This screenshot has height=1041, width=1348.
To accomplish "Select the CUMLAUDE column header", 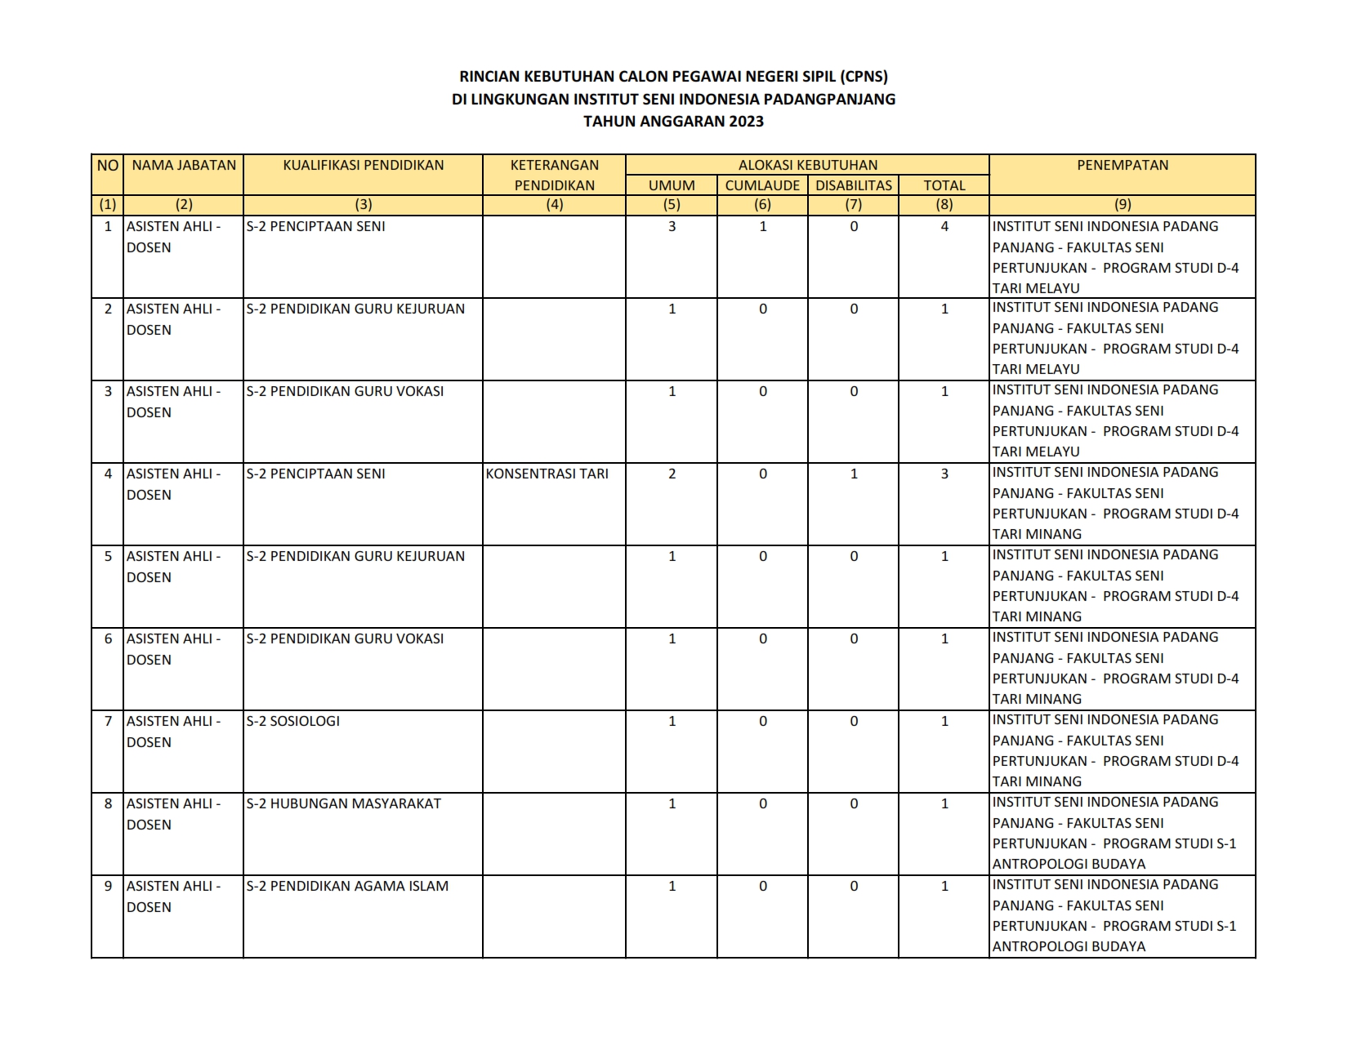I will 762,185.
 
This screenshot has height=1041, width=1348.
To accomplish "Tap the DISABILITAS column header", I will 853,185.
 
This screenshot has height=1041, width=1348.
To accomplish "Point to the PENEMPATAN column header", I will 1122,165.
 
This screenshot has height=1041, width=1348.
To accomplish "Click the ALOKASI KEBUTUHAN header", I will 807,165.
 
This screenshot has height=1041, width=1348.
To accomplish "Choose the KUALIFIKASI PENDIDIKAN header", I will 363,165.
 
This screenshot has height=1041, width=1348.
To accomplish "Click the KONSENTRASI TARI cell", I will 547,474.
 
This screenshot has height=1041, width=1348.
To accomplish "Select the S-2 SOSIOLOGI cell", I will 292,721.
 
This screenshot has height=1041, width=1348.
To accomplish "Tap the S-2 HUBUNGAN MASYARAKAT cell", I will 343,803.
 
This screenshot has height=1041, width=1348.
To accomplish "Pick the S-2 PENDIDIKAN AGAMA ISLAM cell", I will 347,886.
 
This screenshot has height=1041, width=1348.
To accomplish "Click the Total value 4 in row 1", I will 944,226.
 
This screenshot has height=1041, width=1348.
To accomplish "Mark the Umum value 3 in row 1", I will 672,226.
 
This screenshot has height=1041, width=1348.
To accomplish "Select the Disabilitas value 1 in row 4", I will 854,474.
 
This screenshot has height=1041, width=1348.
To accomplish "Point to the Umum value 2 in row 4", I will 672,474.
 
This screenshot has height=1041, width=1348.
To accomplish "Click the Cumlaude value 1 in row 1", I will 763,226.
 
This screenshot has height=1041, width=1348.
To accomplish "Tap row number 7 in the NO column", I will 108,721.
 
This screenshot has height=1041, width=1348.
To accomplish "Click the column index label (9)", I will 1123,205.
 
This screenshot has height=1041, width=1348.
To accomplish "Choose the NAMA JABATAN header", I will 184,165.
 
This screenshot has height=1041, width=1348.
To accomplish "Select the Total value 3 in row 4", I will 944,474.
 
